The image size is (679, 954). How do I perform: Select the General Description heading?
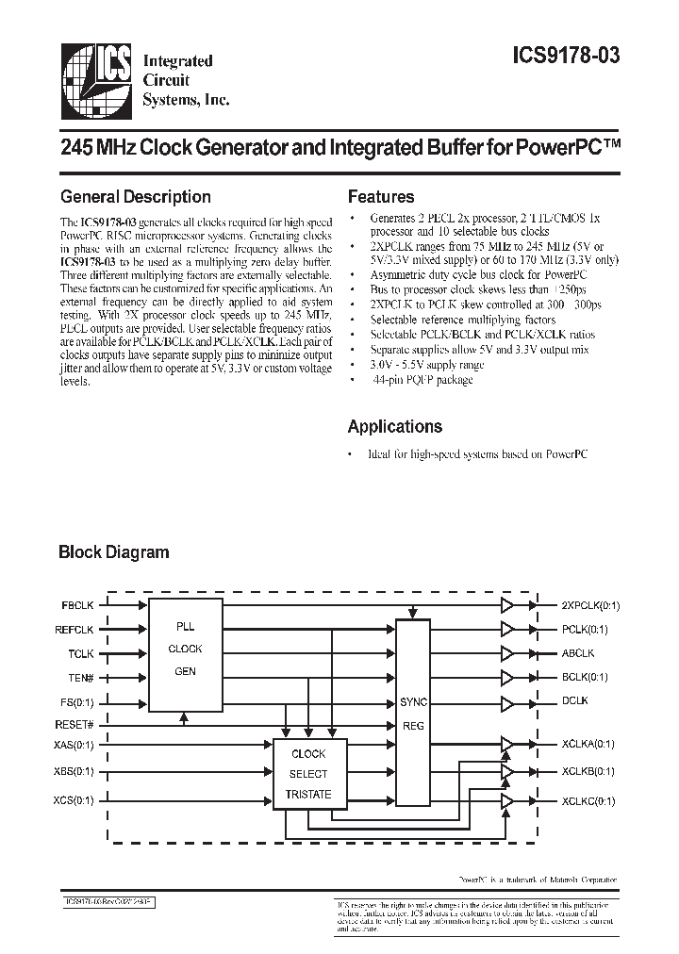coord(135,197)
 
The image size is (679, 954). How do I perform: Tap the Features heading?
coord(381,197)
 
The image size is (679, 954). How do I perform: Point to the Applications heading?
coord(394,426)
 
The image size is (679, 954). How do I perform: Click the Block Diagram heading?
coord(114,552)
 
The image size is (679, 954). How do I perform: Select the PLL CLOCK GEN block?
coord(185,650)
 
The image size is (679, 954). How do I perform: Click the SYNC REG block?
coord(413,714)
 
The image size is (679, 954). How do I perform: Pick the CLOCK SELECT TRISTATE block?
coord(308,774)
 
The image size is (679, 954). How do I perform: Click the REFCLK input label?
coord(75,629)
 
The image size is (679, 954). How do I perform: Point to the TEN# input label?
coord(81,677)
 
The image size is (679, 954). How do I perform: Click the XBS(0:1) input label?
coord(75,771)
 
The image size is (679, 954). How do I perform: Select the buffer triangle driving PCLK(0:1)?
coord(508,629)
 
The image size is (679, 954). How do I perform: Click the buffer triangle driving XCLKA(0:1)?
coord(508,744)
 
